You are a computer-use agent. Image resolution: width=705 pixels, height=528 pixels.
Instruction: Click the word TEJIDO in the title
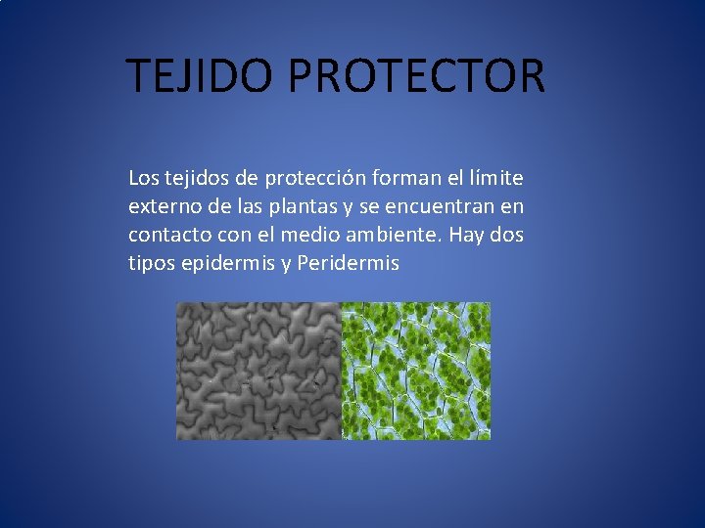pyautogui.click(x=202, y=76)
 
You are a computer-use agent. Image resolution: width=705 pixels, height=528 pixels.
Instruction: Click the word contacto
pyautogui.click(x=163, y=236)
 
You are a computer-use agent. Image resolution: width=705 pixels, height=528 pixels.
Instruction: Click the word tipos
pyautogui.click(x=151, y=264)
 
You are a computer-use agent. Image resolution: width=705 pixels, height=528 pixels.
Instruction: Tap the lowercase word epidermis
pyautogui.click(x=228, y=264)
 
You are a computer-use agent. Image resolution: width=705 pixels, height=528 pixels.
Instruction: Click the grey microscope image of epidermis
pyautogui.click(x=258, y=371)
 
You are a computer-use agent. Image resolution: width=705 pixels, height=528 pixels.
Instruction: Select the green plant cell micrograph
pyautogui.click(x=415, y=371)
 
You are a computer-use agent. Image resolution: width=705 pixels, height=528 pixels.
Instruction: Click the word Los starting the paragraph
pyautogui.click(x=142, y=179)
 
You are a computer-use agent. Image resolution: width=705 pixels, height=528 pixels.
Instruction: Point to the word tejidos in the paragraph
pyautogui.click(x=194, y=179)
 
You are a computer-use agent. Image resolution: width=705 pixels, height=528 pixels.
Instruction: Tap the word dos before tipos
pyautogui.click(x=506, y=236)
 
